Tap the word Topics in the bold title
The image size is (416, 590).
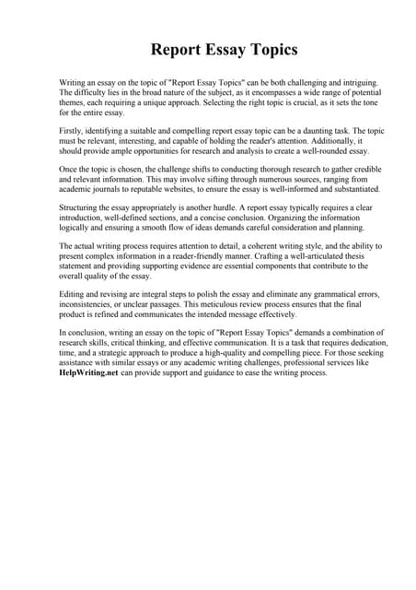point(262,49)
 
